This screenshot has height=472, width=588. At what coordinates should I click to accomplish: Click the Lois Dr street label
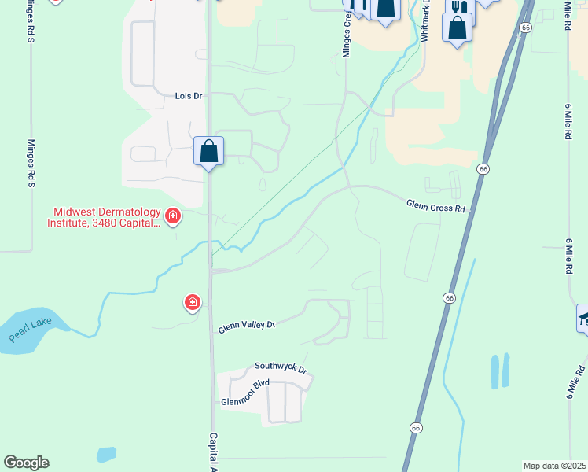pyautogui.click(x=189, y=95)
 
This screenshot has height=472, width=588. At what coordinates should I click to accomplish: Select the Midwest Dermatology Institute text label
pyautogui.click(x=106, y=217)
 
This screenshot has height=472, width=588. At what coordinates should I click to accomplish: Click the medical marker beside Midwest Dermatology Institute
pyautogui.click(x=172, y=216)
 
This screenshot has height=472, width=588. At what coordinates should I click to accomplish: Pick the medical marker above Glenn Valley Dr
pyautogui.click(x=192, y=302)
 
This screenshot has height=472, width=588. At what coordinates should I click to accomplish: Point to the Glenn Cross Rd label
pyautogui.click(x=436, y=205)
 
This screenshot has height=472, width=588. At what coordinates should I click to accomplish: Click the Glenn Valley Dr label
pyautogui.click(x=247, y=326)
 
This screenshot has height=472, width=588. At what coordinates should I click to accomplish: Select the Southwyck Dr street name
pyautogui.click(x=280, y=367)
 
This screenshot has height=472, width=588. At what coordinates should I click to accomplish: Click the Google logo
pyautogui.click(x=26, y=463)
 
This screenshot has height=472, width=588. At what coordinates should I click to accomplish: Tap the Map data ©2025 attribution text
pyautogui.click(x=554, y=466)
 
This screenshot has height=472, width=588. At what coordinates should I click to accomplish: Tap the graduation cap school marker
pyautogui.click(x=583, y=318)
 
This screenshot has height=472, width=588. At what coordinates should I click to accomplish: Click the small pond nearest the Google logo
pyautogui.click(x=106, y=455)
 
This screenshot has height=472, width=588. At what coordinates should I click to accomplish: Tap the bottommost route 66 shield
pyautogui.click(x=415, y=427)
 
